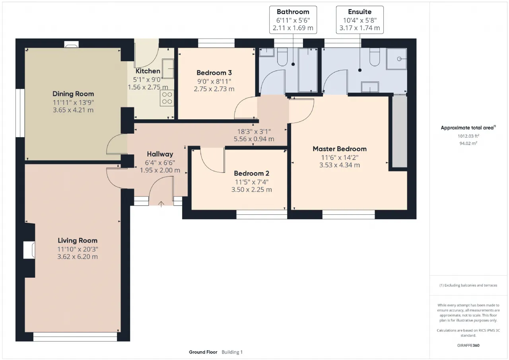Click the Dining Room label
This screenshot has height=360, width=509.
pos(73,93)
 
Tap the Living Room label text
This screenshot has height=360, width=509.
pos(78,240)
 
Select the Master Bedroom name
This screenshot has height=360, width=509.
pos(340,149)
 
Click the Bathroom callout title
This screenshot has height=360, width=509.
pos(293,12)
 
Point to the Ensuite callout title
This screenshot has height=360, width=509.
pos(360,12)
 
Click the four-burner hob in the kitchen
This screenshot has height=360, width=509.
pos(167,98)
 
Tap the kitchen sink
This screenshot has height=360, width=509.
pos(168,69)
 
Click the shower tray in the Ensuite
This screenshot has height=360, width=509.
pos(396,59)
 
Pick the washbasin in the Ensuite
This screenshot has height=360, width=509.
pos(370,87)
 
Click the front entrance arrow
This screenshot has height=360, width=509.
pos(161,204)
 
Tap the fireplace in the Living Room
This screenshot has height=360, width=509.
pos(29,250)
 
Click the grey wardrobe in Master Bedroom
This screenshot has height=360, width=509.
pos(400,131)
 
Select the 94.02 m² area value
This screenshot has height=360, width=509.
pos(468,143)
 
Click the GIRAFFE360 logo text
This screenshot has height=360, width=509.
pos(468,345)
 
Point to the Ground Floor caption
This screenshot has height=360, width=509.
pos(203,352)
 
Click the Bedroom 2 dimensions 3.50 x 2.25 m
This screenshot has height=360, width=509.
pos(252,189)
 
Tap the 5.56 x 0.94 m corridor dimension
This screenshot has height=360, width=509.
pos(254,139)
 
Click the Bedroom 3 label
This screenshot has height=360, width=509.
pos(214,73)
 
